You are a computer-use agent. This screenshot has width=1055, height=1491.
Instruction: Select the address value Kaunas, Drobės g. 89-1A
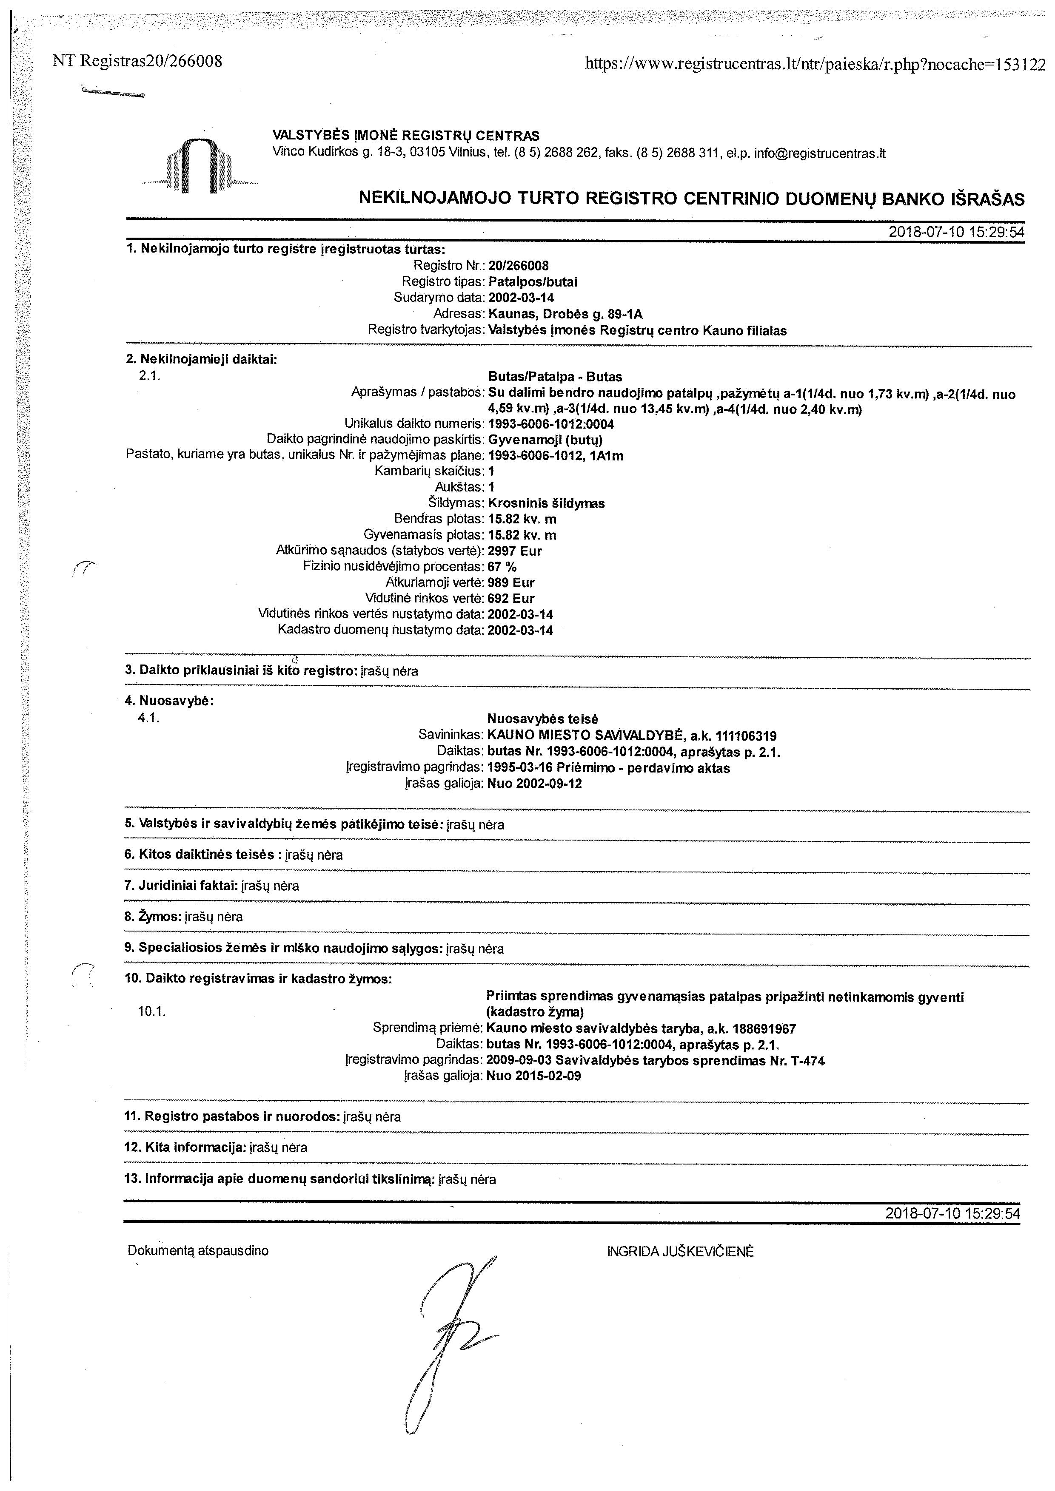click(x=565, y=314)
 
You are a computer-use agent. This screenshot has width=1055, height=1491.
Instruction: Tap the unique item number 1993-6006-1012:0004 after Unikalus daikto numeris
click(x=551, y=424)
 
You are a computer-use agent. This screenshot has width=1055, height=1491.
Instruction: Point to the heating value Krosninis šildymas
click(x=546, y=503)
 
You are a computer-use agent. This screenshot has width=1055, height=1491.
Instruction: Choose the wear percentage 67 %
click(x=502, y=566)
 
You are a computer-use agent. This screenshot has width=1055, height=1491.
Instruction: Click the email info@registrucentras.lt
click(x=820, y=154)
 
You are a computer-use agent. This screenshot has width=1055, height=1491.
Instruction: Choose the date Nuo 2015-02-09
click(x=533, y=1076)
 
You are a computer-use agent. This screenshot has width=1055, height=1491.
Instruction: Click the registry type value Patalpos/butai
click(x=533, y=282)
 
